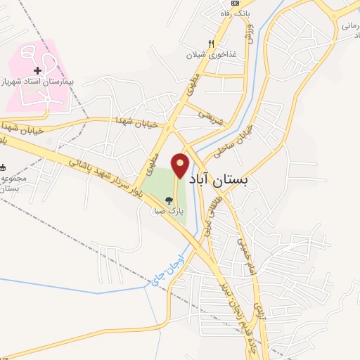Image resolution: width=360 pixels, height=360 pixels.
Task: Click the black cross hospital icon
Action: point(38,70)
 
